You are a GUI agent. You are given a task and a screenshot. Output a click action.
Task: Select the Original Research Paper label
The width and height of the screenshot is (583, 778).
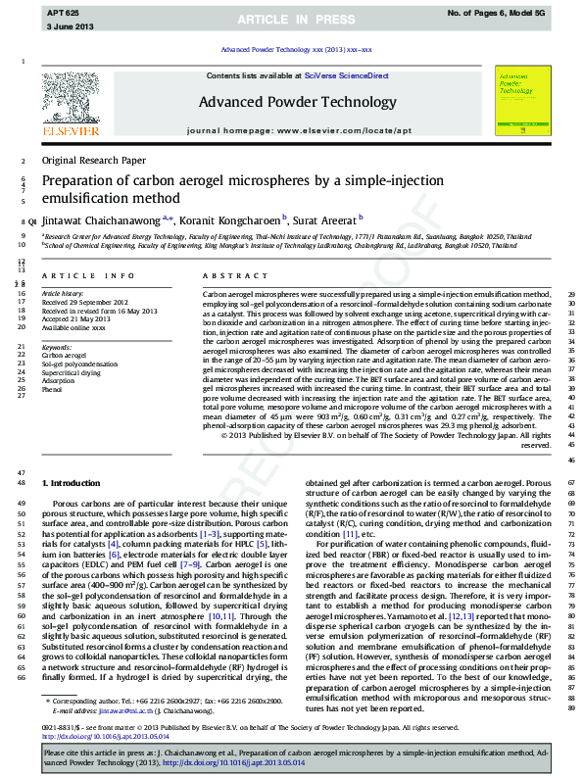click(93, 160)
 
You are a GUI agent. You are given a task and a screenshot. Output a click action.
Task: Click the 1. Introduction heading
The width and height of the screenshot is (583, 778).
click(70, 484)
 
